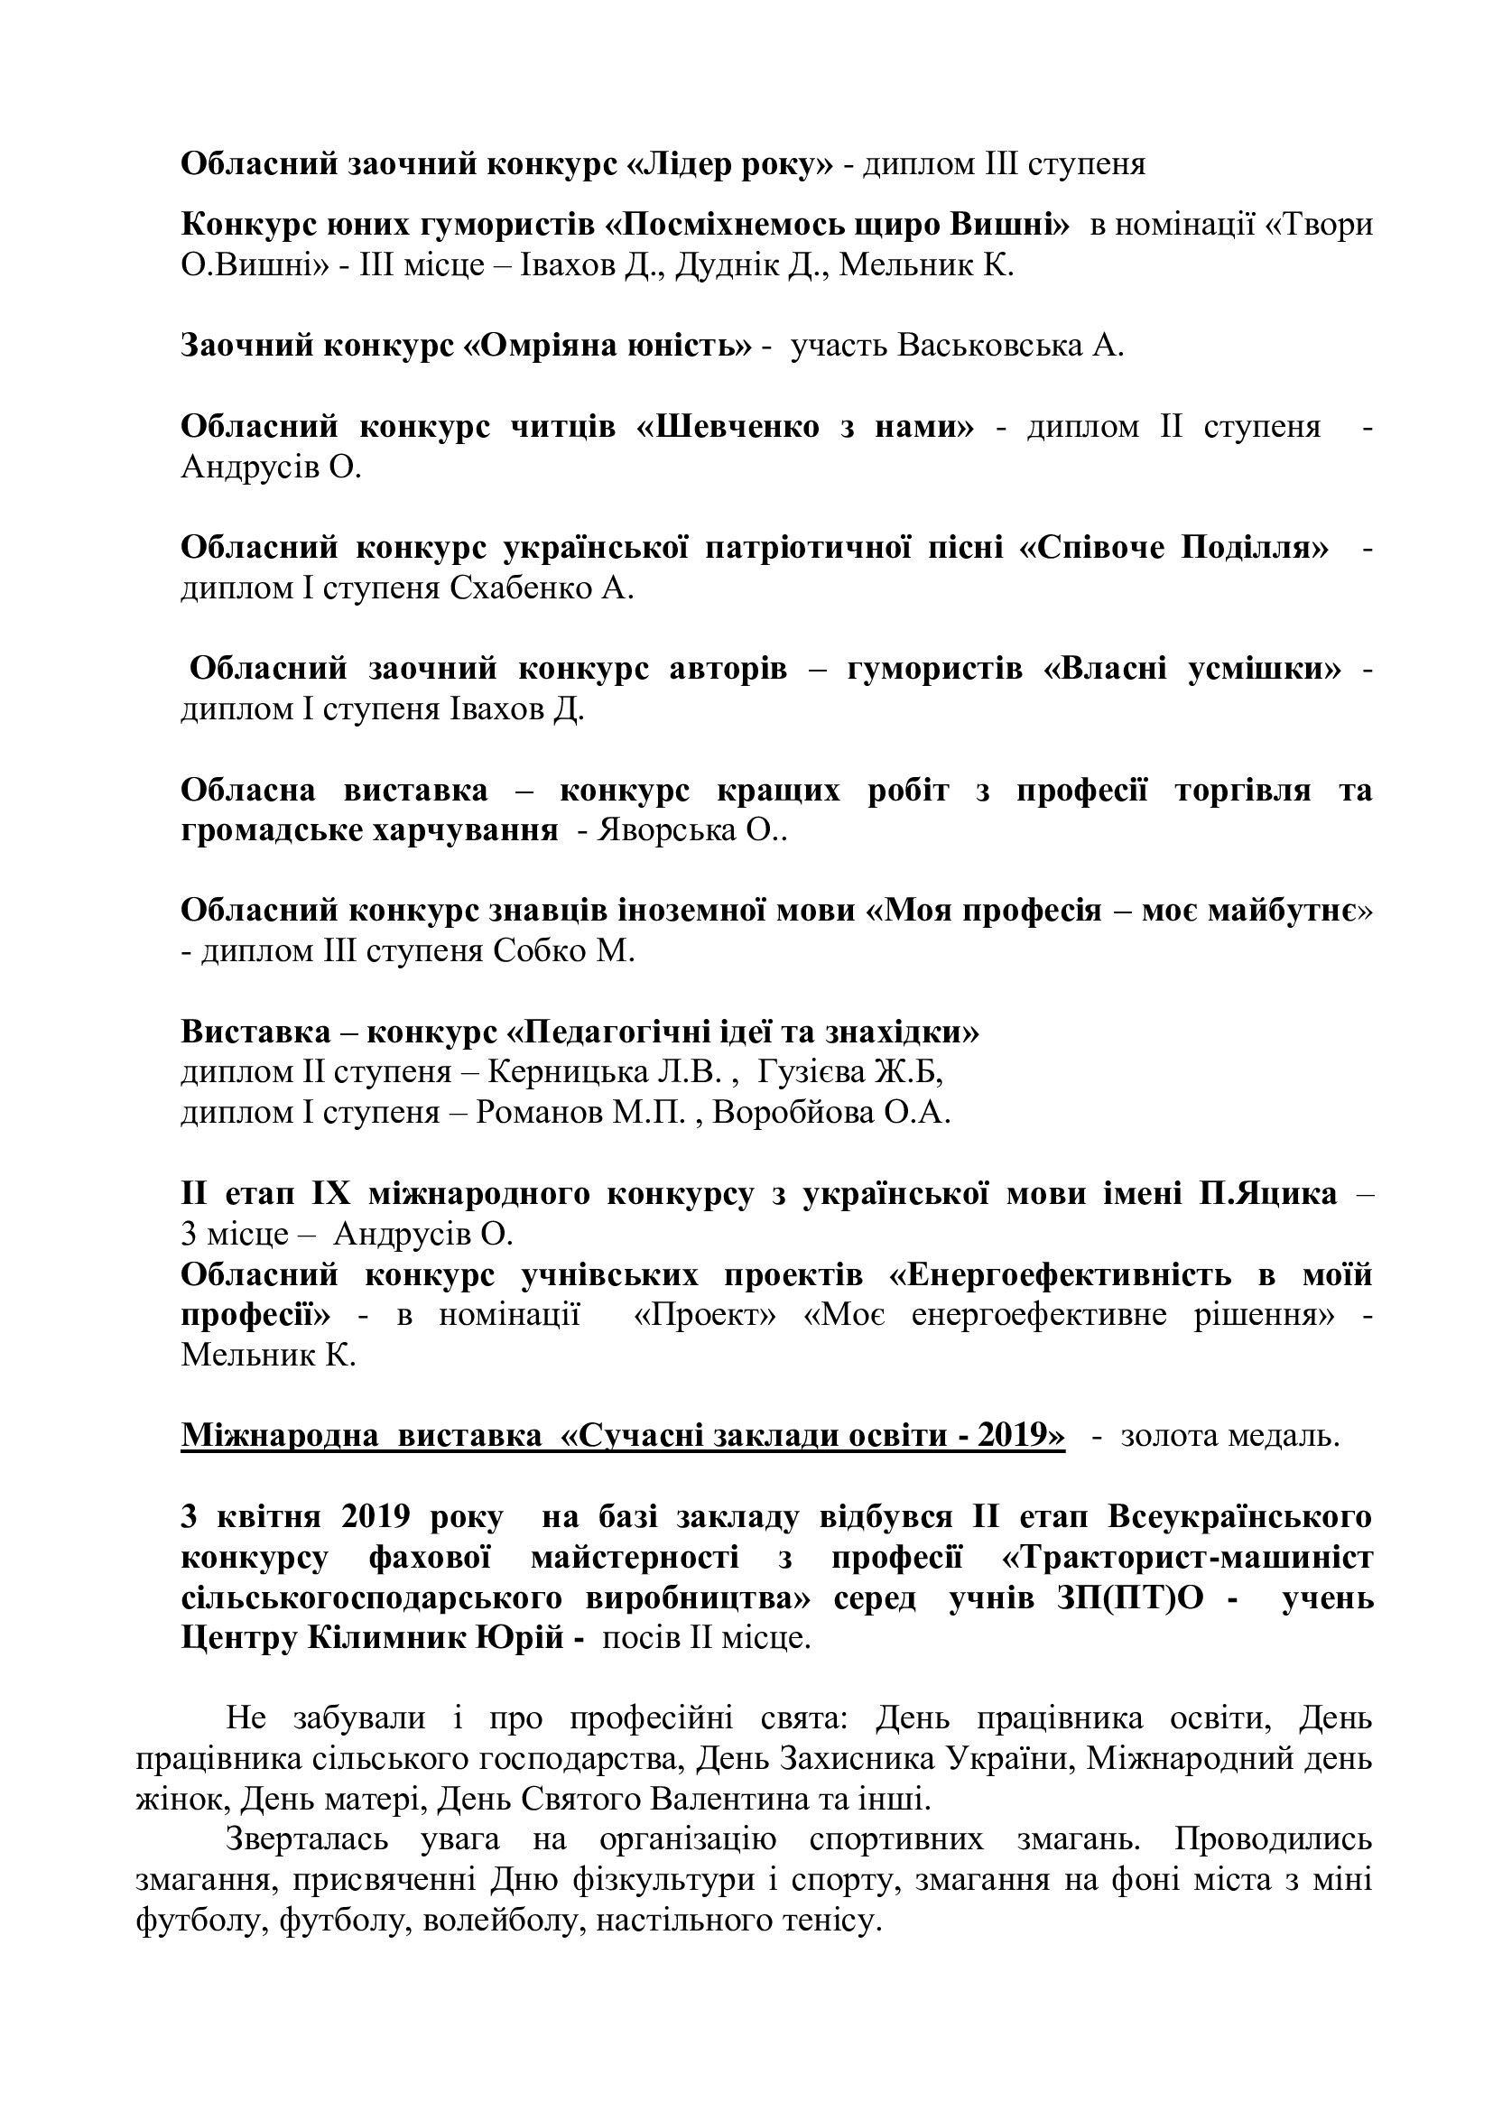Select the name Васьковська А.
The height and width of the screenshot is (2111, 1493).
[x=1009, y=346]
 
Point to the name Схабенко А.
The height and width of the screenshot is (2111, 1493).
[x=542, y=588]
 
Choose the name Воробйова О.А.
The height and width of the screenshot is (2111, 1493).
[x=831, y=1113]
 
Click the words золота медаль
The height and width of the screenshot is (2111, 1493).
[x=1230, y=1435]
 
